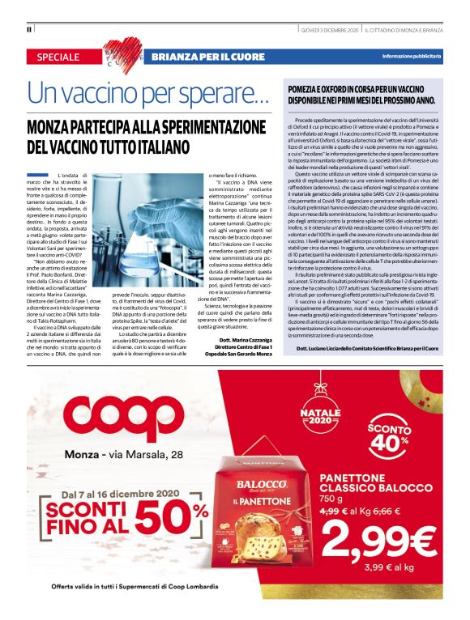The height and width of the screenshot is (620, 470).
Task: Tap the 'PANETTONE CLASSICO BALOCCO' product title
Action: tap(380, 484)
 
